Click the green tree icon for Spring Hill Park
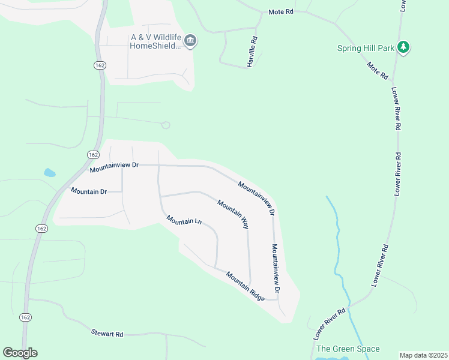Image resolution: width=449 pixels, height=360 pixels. [404, 47]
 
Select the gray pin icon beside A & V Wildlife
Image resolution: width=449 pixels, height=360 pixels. [191, 41]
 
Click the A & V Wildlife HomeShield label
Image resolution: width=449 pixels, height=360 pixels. [155, 41]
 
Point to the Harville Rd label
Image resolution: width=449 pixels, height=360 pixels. [254, 52]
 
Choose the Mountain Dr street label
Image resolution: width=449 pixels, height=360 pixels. [88, 191]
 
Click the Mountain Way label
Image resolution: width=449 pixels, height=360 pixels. [233, 214]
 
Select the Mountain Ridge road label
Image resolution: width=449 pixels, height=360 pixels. [246, 286]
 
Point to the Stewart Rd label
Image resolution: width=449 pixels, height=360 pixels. [107, 332]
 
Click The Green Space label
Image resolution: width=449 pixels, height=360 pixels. [348, 349]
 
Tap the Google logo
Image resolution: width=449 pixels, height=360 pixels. [20, 353]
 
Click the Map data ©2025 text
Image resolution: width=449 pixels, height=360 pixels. [423, 355]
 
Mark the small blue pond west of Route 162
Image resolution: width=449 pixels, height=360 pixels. [49, 173]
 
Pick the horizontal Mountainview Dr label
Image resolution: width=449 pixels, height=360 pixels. [114, 167]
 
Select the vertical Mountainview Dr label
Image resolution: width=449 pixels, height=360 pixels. [276, 268]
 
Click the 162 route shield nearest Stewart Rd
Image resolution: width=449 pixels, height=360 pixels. [25, 316]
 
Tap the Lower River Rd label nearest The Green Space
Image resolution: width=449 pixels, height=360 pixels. [330, 322]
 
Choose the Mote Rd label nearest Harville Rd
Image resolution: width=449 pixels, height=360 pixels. [281, 12]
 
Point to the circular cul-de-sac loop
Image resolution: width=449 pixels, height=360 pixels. [166, 125]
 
